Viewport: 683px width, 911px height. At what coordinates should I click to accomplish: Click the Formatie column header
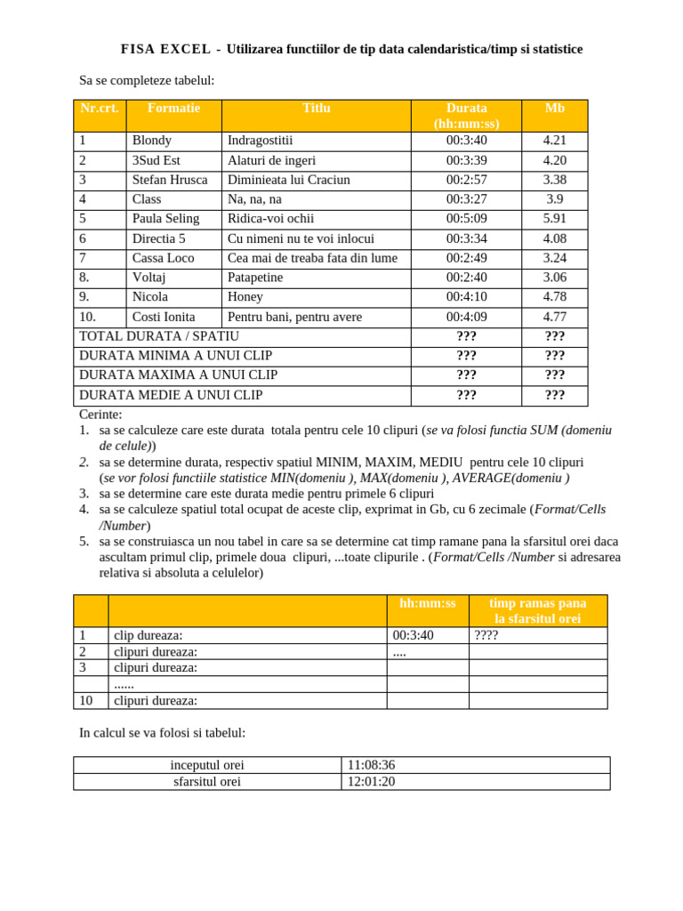pos(173,108)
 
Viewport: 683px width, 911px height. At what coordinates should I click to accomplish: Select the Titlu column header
pos(316,108)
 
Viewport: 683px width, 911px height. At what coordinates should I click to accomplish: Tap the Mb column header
pos(554,108)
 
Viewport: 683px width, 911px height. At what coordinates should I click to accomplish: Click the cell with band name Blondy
pos(152,141)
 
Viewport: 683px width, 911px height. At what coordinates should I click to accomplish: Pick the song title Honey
pos(245,297)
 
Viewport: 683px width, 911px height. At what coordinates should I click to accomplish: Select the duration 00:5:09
pos(466,219)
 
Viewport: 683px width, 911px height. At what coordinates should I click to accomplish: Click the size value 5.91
pos(554,219)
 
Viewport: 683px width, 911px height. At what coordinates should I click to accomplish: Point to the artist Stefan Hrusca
pos(170,180)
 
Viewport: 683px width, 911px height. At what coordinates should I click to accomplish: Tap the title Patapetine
pos(255,278)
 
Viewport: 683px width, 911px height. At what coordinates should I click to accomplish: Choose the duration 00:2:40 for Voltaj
pos(466,278)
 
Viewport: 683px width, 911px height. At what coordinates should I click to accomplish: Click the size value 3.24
pos(554,258)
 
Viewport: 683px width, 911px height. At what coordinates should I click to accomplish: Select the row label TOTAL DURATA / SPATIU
pos(159,336)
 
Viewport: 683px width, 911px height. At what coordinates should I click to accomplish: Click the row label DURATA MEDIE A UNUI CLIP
pos(171,395)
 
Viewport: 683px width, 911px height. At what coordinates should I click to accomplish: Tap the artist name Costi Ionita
pos(164,317)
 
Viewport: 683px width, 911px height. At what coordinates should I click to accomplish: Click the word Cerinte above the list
pos(100,415)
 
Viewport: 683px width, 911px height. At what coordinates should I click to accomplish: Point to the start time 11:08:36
pos(371,765)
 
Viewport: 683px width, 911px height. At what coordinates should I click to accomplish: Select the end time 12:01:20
pos(371,782)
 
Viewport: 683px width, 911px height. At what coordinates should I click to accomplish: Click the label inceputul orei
pos(207,765)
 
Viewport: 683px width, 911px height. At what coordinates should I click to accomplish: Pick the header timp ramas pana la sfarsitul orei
pos(537,610)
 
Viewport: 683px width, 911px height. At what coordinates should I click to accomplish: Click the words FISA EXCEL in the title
pos(165,50)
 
